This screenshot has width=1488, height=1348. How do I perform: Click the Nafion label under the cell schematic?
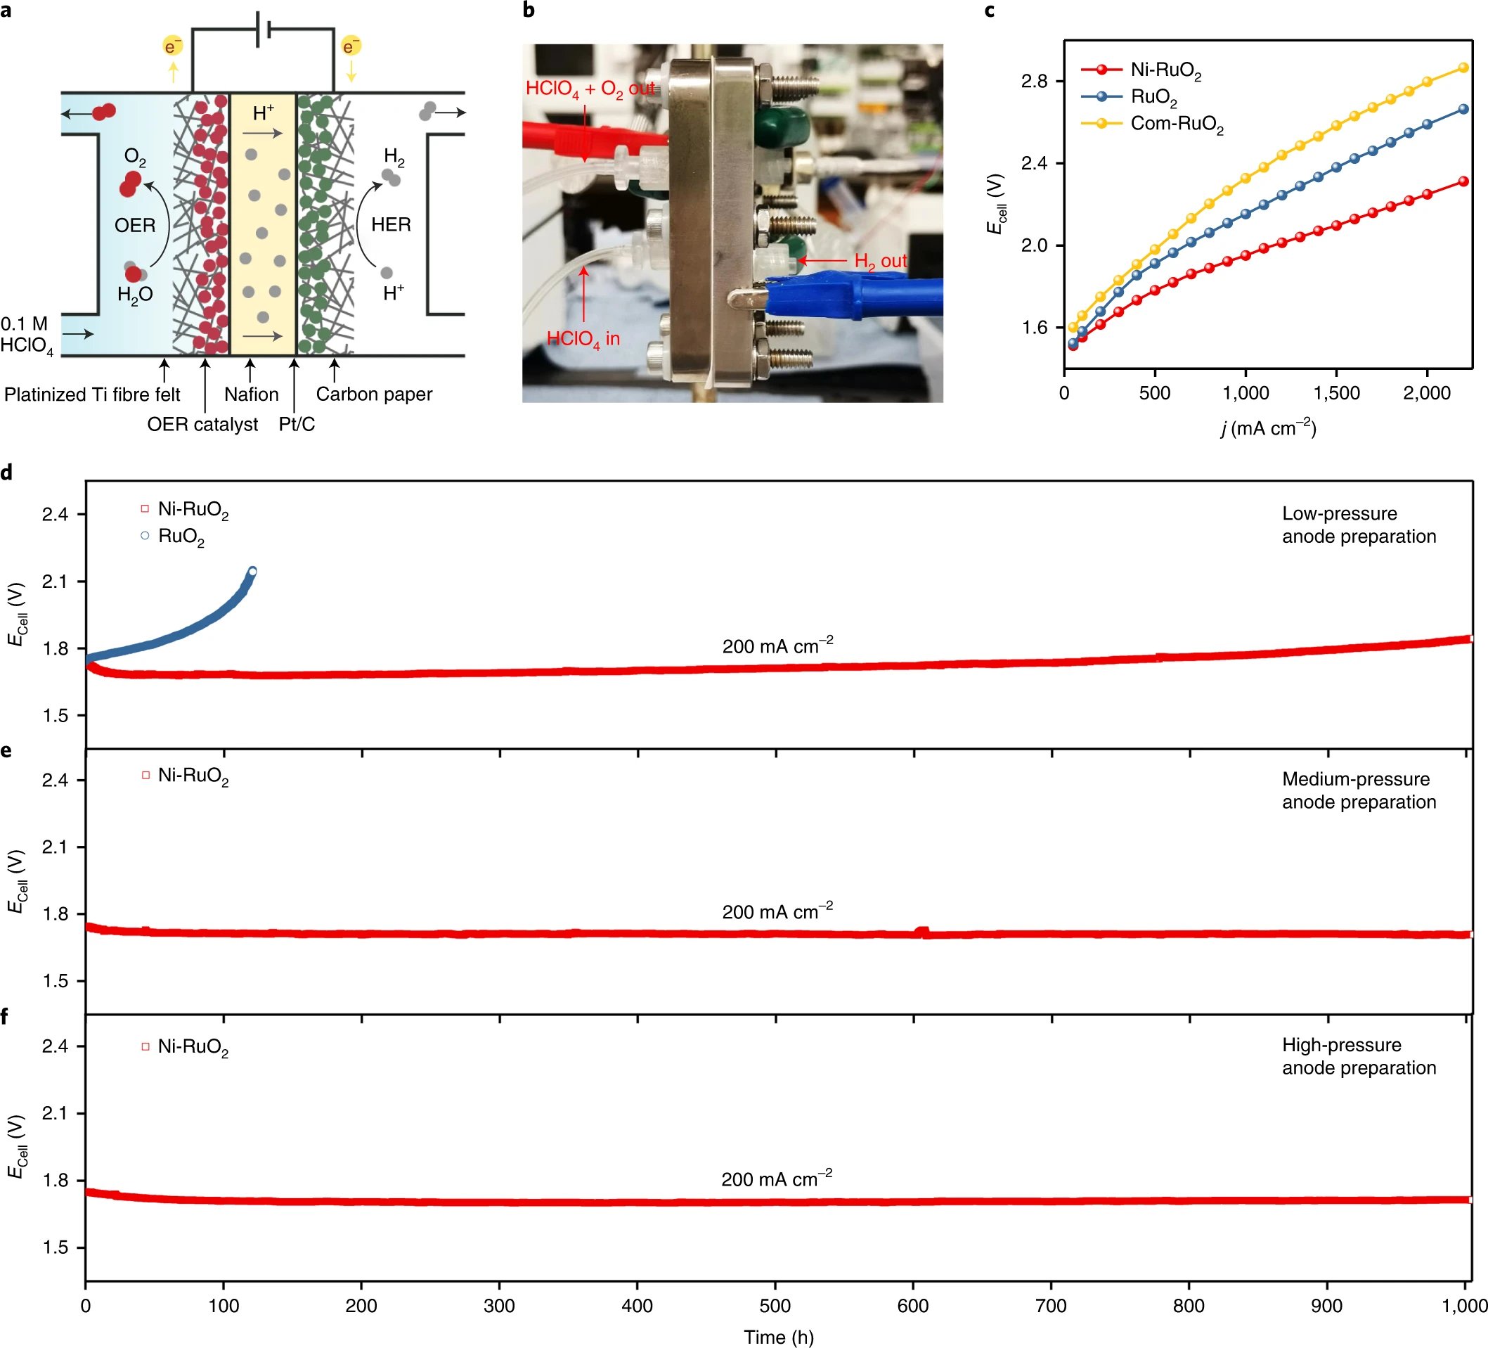coord(251,394)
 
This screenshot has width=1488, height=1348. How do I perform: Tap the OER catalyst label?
coord(202,425)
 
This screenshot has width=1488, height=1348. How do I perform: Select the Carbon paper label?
coord(373,394)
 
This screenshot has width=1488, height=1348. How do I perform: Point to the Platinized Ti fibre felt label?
coord(92,395)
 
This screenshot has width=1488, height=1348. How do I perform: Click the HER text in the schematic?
coord(391,224)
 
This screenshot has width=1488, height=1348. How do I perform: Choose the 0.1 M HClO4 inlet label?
coord(27,335)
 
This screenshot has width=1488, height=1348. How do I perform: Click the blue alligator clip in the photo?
coord(849,296)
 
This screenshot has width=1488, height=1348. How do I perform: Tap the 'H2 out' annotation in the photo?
coord(880,261)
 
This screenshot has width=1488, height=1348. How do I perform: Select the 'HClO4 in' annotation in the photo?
coord(583,339)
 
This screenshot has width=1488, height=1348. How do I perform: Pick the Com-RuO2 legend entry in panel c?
coord(1177,123)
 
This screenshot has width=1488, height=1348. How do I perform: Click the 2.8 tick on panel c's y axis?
coord(1034,81)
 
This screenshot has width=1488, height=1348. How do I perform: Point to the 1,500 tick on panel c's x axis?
coord(1337,393)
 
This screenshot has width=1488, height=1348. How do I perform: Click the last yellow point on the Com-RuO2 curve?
coord(1463,68)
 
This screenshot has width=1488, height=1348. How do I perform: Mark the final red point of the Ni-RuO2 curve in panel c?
coord(1463,181)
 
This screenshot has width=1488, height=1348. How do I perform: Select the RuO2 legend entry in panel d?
coord(181,537)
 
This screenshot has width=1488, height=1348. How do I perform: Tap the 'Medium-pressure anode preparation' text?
coord(1359,790)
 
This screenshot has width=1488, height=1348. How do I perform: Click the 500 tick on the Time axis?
coord(775,1305)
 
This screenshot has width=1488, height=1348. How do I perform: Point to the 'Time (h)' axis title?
coord(778,1337)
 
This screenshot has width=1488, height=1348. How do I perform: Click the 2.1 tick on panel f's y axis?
coord(55,1113)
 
